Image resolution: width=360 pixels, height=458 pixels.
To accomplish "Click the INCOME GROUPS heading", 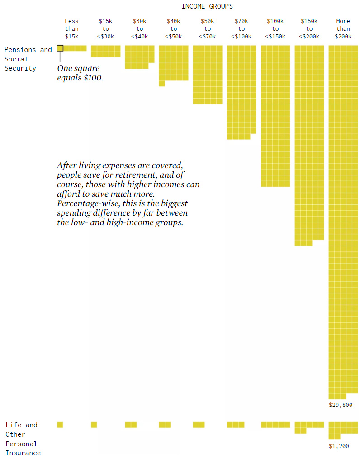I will pyautogui.click(x=207, y=6).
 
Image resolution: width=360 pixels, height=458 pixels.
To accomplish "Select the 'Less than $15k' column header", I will pyautogui.click(x=71, y=28).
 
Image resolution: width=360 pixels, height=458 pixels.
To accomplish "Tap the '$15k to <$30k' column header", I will pyautogui.click(x=105, y=28).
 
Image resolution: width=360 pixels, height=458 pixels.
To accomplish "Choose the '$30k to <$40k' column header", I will pyautogui.click(x=140, y=28).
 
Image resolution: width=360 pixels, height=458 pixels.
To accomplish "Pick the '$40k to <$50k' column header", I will pyautogui.click(x=174, y=28).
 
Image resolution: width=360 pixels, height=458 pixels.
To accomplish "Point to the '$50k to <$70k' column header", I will pyautogui.click(x=208, y=28).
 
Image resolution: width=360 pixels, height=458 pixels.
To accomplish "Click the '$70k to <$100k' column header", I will pyautogui.click(x=242, y=28).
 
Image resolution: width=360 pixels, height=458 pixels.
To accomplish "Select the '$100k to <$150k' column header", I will pyautogui.click(x=275, y=28).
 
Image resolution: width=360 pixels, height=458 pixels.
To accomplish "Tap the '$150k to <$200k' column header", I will pyautogui.click(x=309, y=28).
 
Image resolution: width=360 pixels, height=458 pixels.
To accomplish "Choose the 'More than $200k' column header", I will pyautogui.click(x=343, y=28).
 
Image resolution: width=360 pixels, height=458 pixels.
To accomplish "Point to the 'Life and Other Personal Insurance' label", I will pyautogui.click(x=23, y=439).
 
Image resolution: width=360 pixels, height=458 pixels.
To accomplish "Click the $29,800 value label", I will pyautogui.click(x=341, y=405).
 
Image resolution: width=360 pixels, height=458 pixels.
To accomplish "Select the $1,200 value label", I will pyautogui.click(x=339, y=446).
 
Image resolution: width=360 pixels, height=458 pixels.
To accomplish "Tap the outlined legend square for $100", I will pyautogui.click(x=60, y=48).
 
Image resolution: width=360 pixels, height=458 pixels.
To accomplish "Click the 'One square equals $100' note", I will pyautogui.click(x=80, y=73).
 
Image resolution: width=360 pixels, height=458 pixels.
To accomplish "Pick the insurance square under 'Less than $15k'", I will pyautogui.click(x=60, y=425).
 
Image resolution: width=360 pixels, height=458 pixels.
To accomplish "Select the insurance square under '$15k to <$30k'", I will pyautogui.click(x=94, y=425).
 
